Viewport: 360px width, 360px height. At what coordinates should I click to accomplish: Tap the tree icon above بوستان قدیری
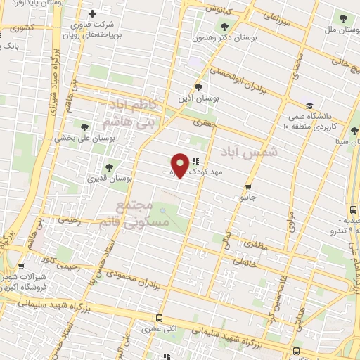click(x=108, y=167)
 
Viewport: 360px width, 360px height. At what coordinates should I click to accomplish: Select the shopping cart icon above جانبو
click(x=247, y=187)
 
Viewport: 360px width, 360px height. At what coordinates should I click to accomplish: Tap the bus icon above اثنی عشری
click(x=160, y=318)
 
